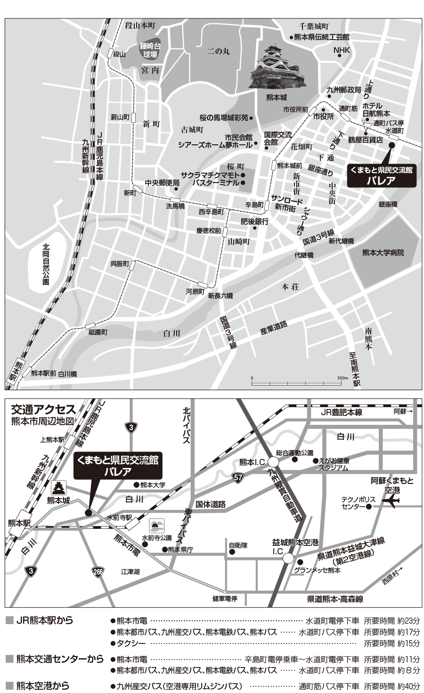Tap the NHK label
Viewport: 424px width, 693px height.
tap(342, 50)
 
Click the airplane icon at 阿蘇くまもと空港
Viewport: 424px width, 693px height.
tap(392, 501)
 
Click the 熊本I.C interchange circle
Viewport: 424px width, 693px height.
tap(274, 462)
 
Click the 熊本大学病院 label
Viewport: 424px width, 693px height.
tap(383, 253)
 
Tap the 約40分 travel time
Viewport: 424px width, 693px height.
tap(408, 686)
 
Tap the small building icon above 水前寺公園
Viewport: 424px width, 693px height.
tap(156, 525)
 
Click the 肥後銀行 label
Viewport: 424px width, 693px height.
tap(242, 221)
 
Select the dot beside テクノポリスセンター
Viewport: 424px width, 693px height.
tap(369, 506)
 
